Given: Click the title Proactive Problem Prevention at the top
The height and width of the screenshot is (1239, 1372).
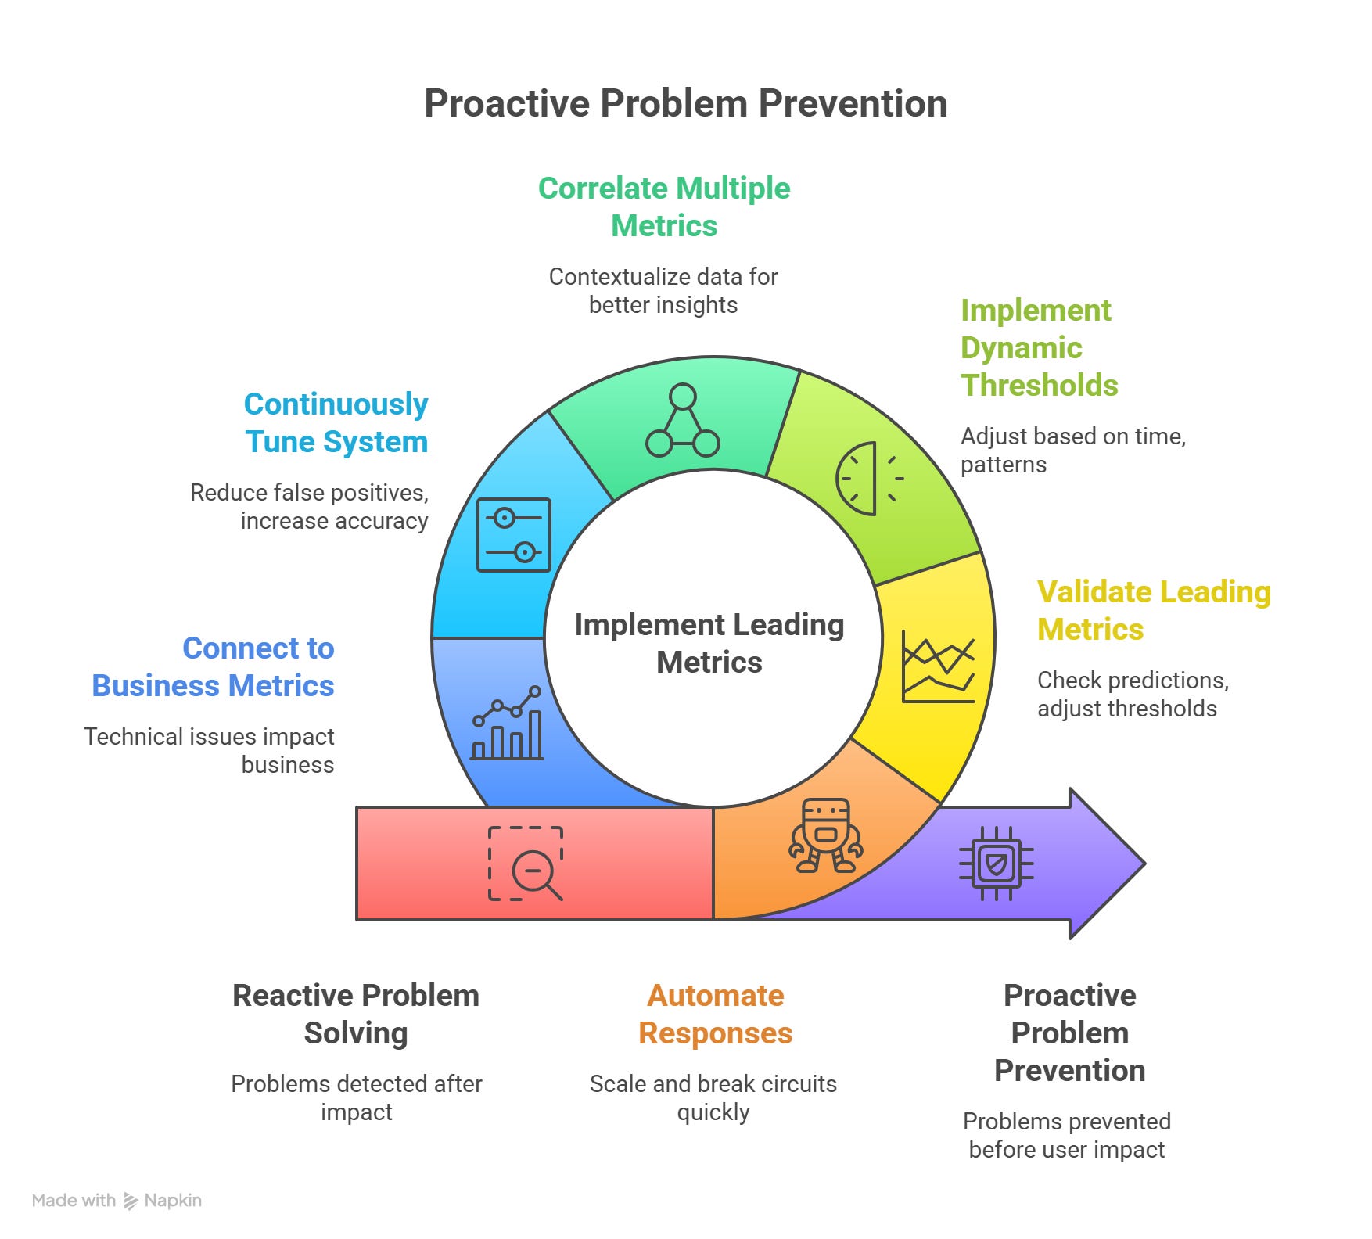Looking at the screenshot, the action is [685, 103].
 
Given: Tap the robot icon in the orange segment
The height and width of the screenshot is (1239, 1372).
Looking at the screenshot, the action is [825, 835].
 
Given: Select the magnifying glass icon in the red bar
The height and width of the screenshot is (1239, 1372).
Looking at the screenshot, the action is [526, 864].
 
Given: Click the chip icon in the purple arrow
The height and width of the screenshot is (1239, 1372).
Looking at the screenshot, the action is [996, 864].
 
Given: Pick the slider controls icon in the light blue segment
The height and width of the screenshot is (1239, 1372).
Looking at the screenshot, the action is [514, 535].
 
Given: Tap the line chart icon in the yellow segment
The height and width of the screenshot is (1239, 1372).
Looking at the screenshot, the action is [938, 666].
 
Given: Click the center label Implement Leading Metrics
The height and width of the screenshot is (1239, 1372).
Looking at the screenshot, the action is [709, 643].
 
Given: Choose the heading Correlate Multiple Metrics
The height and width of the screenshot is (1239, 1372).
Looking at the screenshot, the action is [664, 206].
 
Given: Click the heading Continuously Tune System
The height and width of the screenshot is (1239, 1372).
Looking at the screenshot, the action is [336, 422].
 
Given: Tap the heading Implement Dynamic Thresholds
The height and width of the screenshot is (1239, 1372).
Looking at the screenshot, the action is [1039, 347].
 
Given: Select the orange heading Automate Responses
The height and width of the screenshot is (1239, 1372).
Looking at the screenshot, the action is [715, 1014].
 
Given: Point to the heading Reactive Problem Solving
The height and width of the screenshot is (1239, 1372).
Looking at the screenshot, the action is [356, 1014].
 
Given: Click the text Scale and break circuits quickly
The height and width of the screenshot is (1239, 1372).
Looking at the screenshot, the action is [713, 1097].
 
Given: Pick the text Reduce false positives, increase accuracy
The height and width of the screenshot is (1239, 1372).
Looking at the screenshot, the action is [310, 506].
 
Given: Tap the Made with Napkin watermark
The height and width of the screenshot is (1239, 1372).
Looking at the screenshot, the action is [117, 1201].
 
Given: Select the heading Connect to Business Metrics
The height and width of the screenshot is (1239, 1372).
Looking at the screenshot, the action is [213, 666].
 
